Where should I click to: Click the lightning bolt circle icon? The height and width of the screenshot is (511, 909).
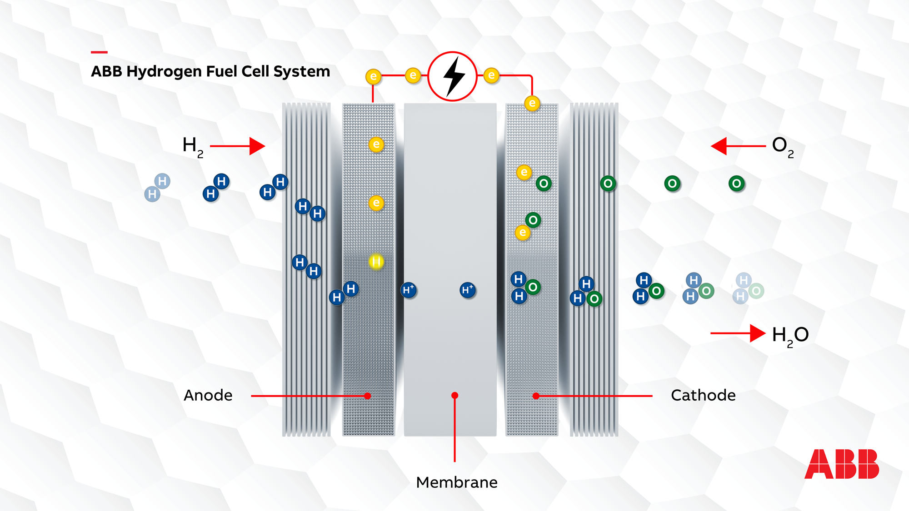pos(452,76)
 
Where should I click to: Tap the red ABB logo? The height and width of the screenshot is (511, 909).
pos(842,464)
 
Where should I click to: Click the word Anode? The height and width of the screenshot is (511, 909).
pos(208,395)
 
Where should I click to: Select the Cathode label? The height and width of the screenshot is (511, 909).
pos(703,395)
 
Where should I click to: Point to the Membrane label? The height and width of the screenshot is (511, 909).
pos(456,482)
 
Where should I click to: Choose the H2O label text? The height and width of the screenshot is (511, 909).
pos(790,335)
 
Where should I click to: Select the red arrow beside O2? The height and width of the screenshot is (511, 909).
pos(738,146)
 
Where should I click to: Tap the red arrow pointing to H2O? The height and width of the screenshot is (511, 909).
pos(738,333)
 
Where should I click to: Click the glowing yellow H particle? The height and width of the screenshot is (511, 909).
pos(376,262)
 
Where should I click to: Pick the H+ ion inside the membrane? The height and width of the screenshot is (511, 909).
pos(467,290)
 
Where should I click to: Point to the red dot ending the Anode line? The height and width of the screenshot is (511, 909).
pos(367,396)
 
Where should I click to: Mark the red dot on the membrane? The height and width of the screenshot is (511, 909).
pos(454,395)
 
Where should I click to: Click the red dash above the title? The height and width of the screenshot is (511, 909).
pos(99,52)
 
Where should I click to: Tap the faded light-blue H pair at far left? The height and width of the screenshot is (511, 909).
pos(157,187)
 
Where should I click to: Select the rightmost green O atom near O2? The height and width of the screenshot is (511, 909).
pos(736,184)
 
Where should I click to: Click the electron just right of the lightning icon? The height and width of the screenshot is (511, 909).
pos(491,75)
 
